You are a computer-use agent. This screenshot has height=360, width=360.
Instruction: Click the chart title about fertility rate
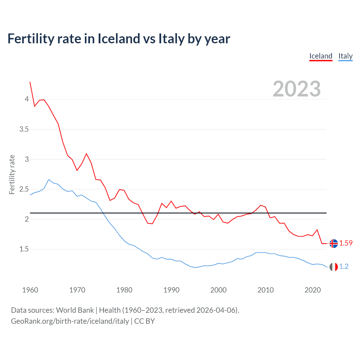click(x=119, y=39)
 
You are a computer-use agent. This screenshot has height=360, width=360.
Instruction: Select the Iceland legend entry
click(x=321, y=56)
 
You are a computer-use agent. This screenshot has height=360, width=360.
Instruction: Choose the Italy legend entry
click(x=345, y=56)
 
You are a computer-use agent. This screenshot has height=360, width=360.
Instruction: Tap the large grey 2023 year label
click(x=296, y=89)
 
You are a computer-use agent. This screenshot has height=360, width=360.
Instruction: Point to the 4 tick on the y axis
click(x=27, y=99)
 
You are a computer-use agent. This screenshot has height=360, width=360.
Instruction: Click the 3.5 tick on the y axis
click(x=24, y=129)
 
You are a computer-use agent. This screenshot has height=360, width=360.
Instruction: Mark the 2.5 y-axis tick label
click(x=24, y=189)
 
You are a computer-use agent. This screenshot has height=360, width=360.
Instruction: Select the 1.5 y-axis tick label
click(x=24, y=249)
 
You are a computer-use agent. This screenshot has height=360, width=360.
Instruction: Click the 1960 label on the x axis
click(x=30, y=290)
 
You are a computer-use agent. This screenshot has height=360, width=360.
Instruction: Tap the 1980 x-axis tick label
click(x=124, y=290)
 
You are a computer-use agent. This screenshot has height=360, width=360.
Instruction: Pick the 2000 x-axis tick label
click(x=218, y=290)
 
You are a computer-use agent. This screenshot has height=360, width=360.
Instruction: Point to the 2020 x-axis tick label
click(x=312, y=290)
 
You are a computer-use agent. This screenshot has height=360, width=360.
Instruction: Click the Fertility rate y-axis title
click(x=12, y=174)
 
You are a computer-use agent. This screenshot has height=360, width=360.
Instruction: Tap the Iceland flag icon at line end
click(x=334, y=243)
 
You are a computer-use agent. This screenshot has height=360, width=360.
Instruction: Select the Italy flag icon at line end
click(x=334, y=267)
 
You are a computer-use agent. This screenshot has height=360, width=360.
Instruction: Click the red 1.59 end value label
click(x=346, y=243)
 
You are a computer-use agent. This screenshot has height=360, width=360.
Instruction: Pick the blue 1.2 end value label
click(x=344, y=267)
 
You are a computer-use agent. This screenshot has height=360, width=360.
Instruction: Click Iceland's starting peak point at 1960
click(x=30, y=82)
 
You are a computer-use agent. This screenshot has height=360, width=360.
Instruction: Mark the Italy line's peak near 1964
click(x=49, y=179)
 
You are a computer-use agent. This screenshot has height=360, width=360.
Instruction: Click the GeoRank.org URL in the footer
click(x=70, y=321)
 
